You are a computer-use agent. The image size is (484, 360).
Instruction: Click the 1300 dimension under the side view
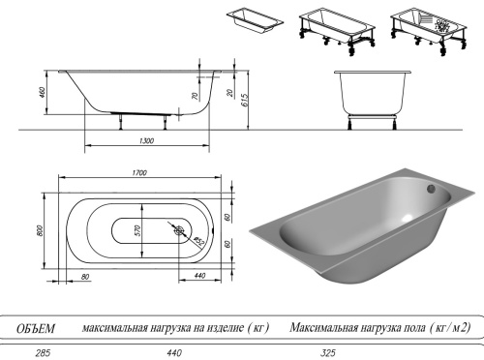coord(147,141)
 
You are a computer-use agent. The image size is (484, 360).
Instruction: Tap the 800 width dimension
coord(42,231)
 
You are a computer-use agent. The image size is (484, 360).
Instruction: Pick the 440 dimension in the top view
coord(198,278)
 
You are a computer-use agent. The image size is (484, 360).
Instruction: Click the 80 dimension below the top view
coord(86,278)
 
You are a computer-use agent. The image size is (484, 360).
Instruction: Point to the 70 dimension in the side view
coord(196,98)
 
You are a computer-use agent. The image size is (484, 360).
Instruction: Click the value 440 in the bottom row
coord(175,353)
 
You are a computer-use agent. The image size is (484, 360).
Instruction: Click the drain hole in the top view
coord(179,231)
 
